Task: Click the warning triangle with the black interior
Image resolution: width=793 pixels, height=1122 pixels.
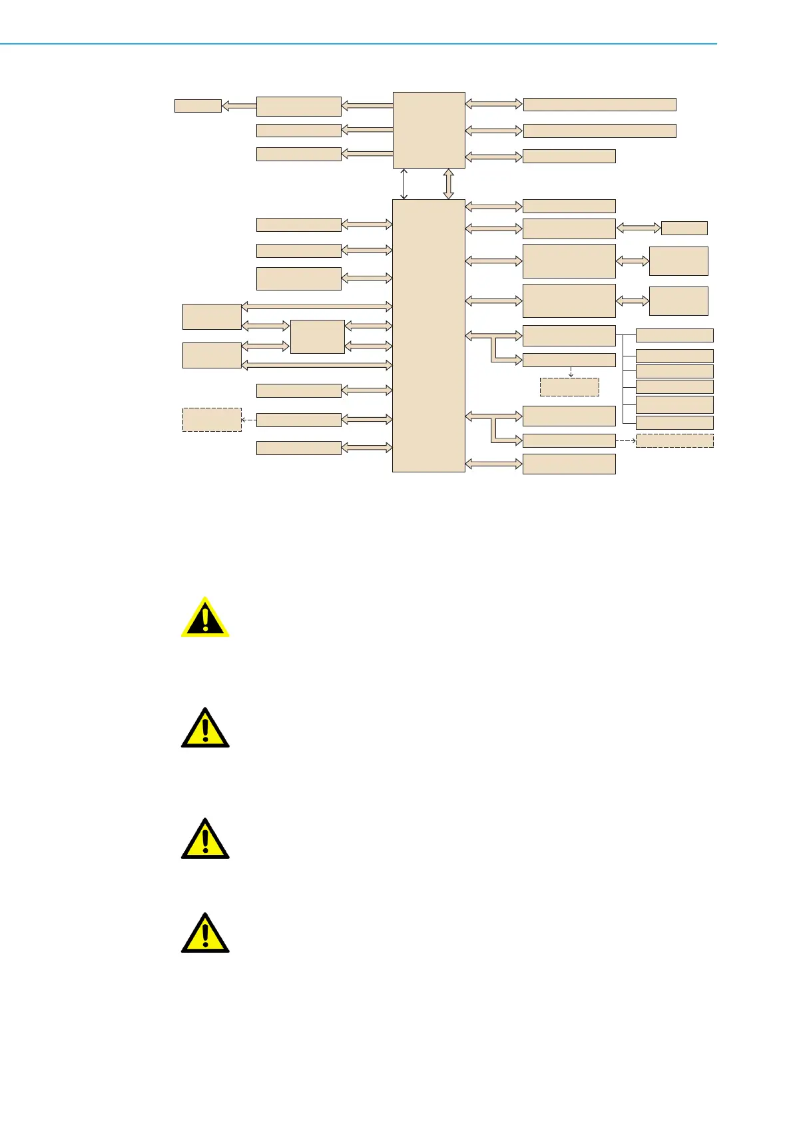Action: [x=205, y=618]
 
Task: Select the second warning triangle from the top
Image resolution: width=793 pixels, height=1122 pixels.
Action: [x=205, y=728]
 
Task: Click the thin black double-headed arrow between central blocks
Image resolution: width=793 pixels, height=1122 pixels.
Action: [x=403, y=184]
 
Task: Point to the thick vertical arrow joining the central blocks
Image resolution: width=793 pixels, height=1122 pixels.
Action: [x=448, y=184]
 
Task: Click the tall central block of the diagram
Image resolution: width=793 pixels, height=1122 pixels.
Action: [x=428, y=335]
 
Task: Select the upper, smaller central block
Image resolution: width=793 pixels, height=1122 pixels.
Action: [x=428, y=130]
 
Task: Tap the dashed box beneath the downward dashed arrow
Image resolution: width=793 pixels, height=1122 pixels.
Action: [x=569, y=387]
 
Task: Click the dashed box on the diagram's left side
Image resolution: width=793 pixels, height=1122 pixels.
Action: [x=212, y=420]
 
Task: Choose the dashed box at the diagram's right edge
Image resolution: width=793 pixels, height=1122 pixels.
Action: [x=674, y=440]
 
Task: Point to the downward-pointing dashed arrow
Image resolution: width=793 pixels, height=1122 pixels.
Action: [x=571, y=372]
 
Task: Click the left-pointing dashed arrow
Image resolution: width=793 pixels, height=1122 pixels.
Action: [x=249, y=420]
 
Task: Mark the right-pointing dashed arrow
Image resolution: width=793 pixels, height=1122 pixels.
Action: [x=625, y=440]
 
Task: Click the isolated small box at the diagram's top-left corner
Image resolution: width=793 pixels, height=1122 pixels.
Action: [x=198, y=106]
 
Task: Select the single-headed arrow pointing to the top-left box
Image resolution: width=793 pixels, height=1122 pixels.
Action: [x=238, y=105]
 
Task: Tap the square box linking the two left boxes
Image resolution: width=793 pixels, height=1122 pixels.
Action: [x=318, y=336]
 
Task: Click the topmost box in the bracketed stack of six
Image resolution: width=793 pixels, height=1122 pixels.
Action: [x=674, y=335]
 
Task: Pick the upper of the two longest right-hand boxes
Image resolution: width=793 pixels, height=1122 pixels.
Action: [x=599, y=104]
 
